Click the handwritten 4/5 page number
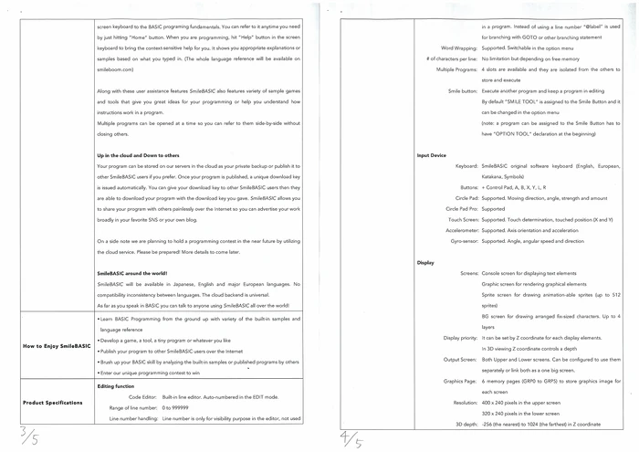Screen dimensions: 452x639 click(x=351, y=435)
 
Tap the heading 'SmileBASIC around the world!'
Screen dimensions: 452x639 click(x=130, y=274)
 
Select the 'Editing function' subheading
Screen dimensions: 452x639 click(x=115, y=387)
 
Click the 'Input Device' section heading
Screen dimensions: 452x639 click(x=431, y=155)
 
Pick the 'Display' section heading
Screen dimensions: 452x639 click(x=424, y=262)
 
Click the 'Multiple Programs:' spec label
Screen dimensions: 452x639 click(x=453, y=68)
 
